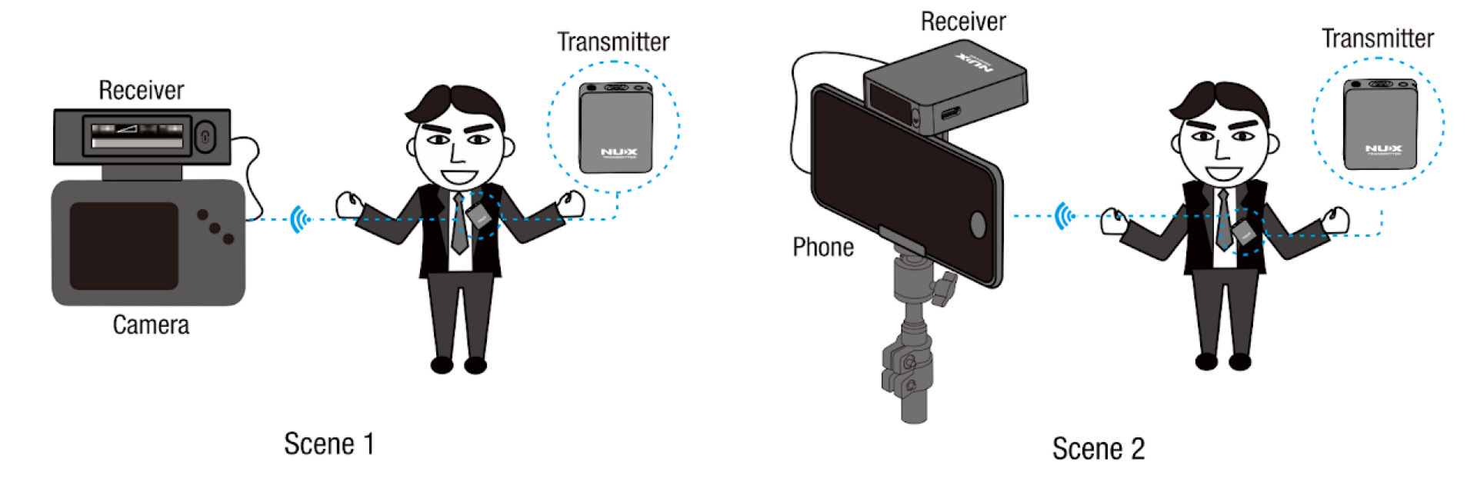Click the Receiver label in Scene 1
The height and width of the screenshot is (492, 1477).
[142, 91]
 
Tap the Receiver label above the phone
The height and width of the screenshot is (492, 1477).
[963, 22]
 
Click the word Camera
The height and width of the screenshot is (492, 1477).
[151, 325]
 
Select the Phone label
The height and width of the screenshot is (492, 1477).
[823, 248]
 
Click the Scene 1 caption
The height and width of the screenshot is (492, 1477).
[328, 444]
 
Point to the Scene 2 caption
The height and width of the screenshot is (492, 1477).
[1098, 449]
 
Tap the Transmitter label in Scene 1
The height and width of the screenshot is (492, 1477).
[613, 42]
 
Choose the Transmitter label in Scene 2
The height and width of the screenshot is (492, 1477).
[1377, 39]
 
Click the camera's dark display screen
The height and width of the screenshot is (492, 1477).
[124, 245]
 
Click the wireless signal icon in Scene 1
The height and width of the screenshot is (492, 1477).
[299, 220]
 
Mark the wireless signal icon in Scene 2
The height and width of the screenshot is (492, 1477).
[1064, 216]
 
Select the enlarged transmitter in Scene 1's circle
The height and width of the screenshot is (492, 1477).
[615, 128]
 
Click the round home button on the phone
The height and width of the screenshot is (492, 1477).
[978, 224]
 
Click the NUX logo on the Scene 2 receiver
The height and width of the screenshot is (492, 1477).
[975, 61]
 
